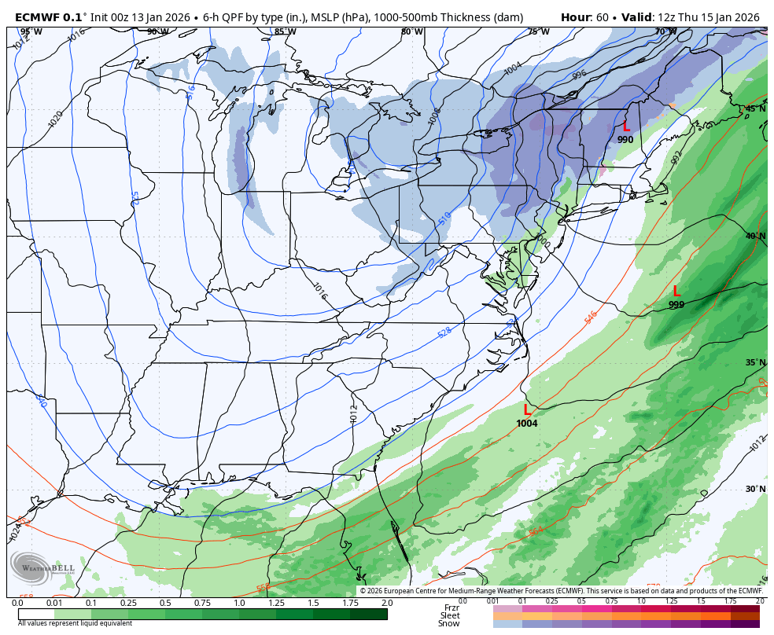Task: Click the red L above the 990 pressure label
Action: [x=626, y=127]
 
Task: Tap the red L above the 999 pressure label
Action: [x=676, y=292]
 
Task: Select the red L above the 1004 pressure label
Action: [x=527, y=409]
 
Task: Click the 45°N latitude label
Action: [x=755, y=108]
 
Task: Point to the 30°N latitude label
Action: [x=755, y=489]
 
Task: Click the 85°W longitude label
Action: [x=285, y=32]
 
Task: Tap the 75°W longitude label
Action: [x=539, y=32]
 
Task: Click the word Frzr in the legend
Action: [x=451, y=607]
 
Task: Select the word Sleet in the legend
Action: [x=450, y=615]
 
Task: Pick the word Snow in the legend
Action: [x=449, y=623]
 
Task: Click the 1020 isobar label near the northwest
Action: [x=55, y=119]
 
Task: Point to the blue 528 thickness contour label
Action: [x=444, y=332]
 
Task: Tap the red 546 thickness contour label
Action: [x=592, y=317]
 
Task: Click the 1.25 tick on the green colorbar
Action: [x=276, y=603]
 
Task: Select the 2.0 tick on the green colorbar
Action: [x=387, y=603]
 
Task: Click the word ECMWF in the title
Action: [x=39, y=17]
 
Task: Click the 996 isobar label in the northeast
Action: [x=580, y=75]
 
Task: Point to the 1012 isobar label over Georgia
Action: [x=354, y=413]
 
